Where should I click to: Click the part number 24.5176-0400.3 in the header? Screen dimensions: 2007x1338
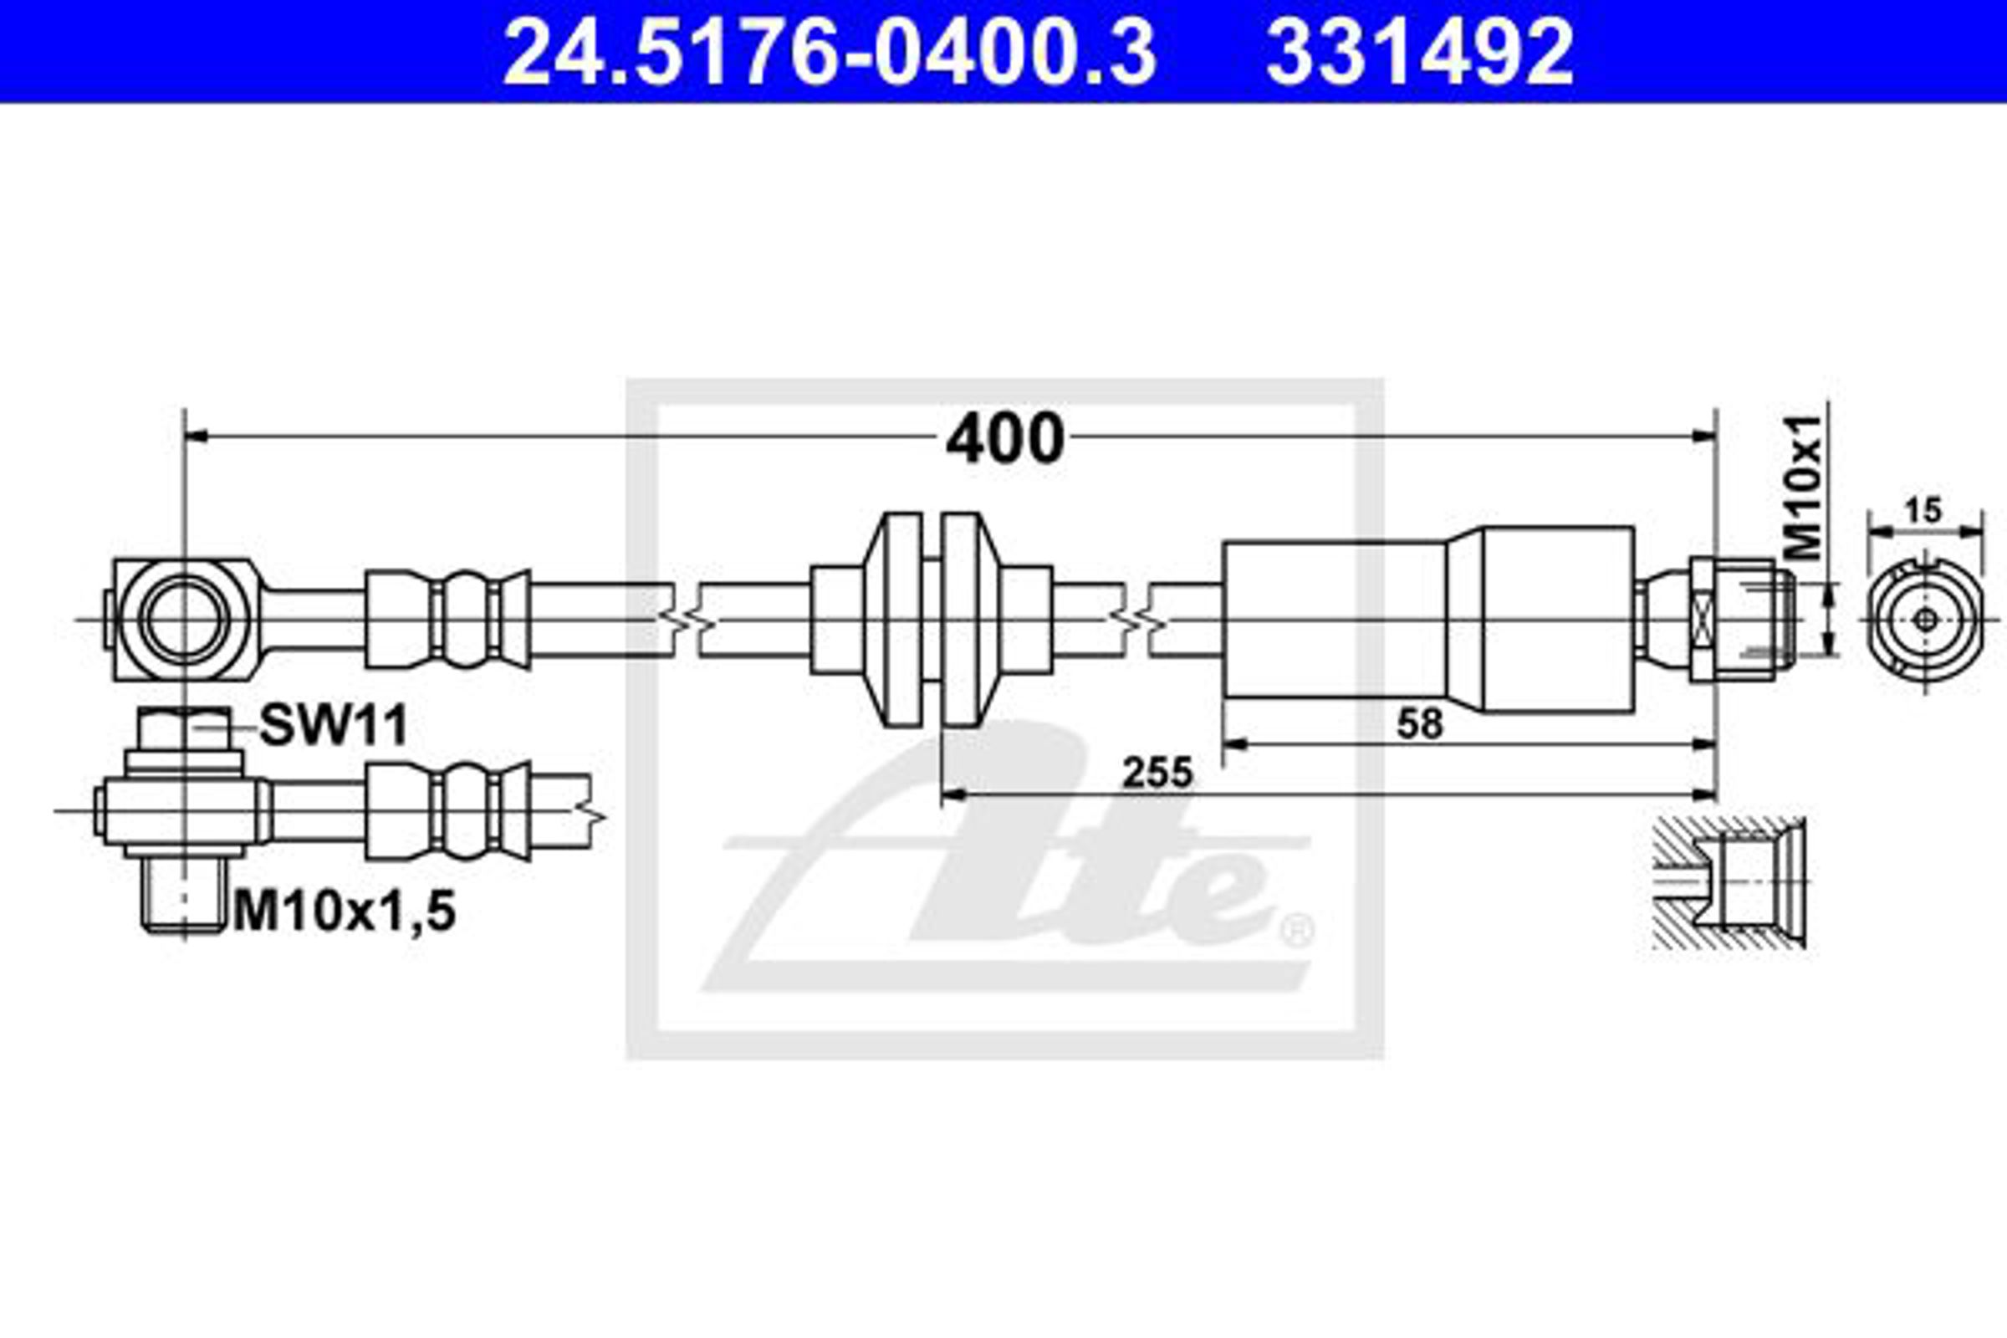point(830,53)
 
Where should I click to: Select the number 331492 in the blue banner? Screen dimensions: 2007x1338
point(1419,53)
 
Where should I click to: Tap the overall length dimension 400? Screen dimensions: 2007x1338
point(1004,437)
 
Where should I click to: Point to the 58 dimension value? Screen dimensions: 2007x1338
point(1420,723)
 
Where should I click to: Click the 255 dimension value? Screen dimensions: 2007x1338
point(1157,773)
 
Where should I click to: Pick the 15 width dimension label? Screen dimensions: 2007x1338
point(1923,510)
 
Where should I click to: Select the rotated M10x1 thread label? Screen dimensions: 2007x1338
point(1805,488)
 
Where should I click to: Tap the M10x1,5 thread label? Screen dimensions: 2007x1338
point(345,912)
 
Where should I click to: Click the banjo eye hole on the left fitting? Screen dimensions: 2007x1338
point(184,619)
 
